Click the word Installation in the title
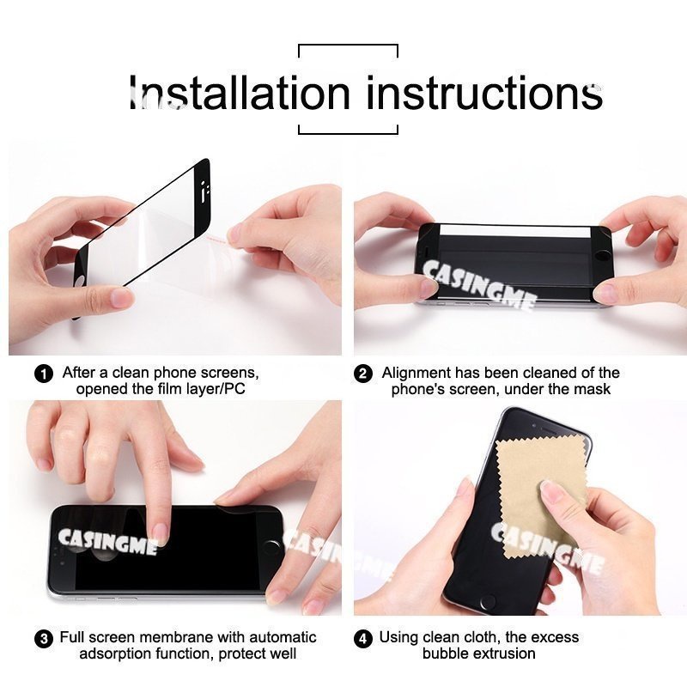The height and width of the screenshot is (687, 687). (240, 92)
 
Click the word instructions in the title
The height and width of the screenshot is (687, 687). (484, 92)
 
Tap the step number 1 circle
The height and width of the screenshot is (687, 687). (44, 374)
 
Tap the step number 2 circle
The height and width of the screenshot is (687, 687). (364, 374)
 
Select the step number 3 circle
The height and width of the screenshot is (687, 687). (44, 639)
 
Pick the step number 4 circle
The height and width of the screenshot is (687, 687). (364, 639)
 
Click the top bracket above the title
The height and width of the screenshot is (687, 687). (348, 46)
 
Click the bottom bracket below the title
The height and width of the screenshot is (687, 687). (348, 132)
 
